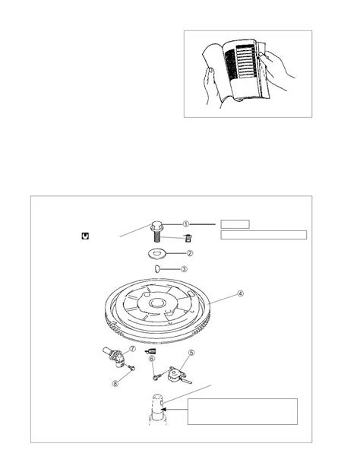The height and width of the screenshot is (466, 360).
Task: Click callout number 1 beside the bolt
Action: coord(185,224)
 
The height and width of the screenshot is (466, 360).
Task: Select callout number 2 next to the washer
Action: coord(190,253)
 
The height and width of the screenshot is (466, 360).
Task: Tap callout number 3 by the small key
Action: coord(184,269)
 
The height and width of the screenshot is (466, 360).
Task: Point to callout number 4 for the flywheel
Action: coord(240,293)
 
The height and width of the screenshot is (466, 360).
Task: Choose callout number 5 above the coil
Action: coord(191,353)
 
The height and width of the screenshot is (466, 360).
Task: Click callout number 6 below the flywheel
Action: coord(152,359)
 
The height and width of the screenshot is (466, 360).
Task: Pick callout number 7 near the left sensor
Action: coord(132,349)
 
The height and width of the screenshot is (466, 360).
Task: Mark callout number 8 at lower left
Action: coord(115,383)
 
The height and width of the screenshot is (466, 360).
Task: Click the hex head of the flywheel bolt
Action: coord(156,226)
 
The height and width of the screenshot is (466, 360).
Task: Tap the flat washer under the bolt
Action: coord(156,253)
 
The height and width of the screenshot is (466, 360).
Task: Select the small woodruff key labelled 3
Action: coord(158,269)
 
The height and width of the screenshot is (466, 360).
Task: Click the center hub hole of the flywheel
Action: coord(156,303)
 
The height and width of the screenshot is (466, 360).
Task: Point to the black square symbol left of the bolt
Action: coord(85,236)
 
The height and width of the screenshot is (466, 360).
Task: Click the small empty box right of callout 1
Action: coord(235,224)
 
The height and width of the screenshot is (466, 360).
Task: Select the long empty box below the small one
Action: coord(264,235)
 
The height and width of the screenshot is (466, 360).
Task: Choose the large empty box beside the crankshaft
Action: coord(242,411)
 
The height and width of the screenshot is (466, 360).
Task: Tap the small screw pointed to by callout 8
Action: coord(131,368)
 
